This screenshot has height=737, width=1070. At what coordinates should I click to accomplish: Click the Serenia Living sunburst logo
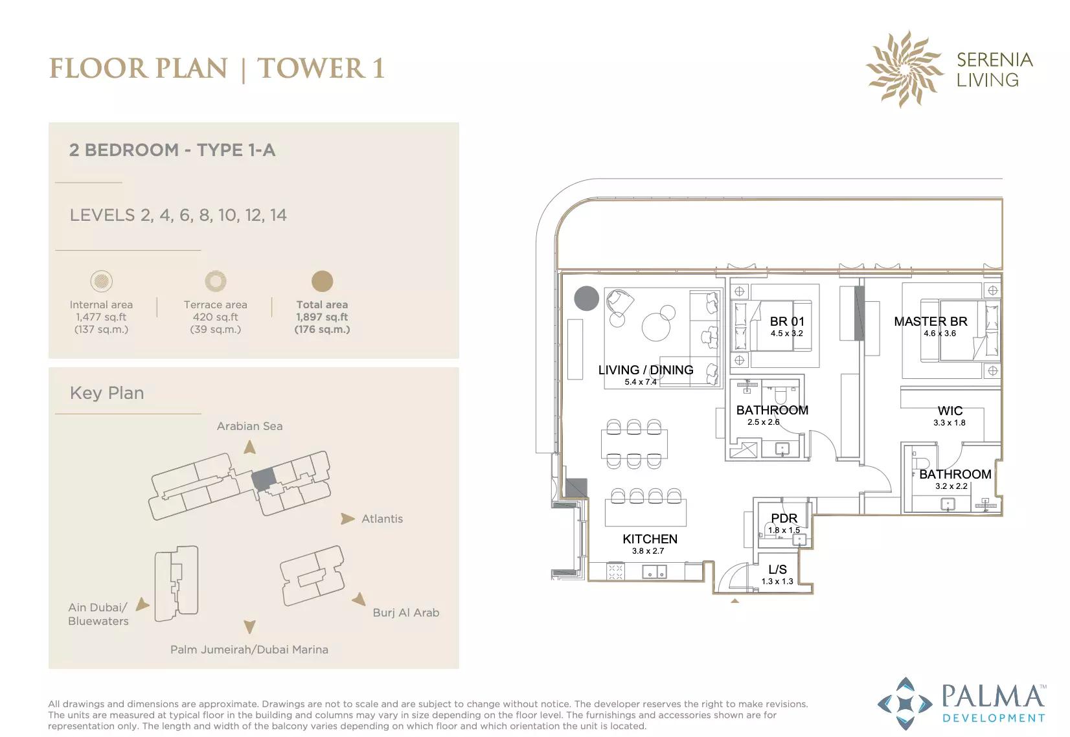(x=904, y=69)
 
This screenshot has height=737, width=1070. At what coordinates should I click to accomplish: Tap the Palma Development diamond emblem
(x=905, y=703)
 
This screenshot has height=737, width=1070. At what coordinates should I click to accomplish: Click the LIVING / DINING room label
(x=645, y=370)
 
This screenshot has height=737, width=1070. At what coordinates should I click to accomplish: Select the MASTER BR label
(x=930, y=321)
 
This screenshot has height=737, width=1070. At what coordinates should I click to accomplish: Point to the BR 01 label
(x=786, y=321)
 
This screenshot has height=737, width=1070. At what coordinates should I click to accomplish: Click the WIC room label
(x=950, y=411)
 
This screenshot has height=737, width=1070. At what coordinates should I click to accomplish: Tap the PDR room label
(x=784, y=518)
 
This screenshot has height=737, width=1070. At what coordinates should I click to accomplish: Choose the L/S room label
(x=777, y=569)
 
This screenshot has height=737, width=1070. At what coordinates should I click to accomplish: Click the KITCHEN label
(x=650, y=539)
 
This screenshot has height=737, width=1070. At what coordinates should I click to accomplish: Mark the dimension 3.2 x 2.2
(x=951, y=486)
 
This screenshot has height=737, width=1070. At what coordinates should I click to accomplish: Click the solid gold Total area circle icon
(x=322, y=281)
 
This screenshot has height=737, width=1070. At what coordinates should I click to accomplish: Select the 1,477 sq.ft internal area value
(x=101, y=317)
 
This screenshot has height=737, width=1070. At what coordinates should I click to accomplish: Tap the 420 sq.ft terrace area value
(x=215, y=317)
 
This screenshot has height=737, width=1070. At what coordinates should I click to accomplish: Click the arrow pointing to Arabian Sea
(x=249, y=447)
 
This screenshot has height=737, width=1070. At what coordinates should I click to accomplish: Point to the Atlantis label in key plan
(x=381, y=519)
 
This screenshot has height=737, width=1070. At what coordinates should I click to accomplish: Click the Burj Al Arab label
(x=405, y=613)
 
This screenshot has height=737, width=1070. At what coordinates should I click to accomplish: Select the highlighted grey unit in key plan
(x=263, y=479)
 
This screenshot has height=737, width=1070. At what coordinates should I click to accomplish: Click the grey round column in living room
(x=587, y=299)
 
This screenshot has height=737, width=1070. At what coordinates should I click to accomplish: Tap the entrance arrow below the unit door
(x=734, y=601)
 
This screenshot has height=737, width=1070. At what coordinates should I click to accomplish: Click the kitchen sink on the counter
(x=654, y=572)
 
